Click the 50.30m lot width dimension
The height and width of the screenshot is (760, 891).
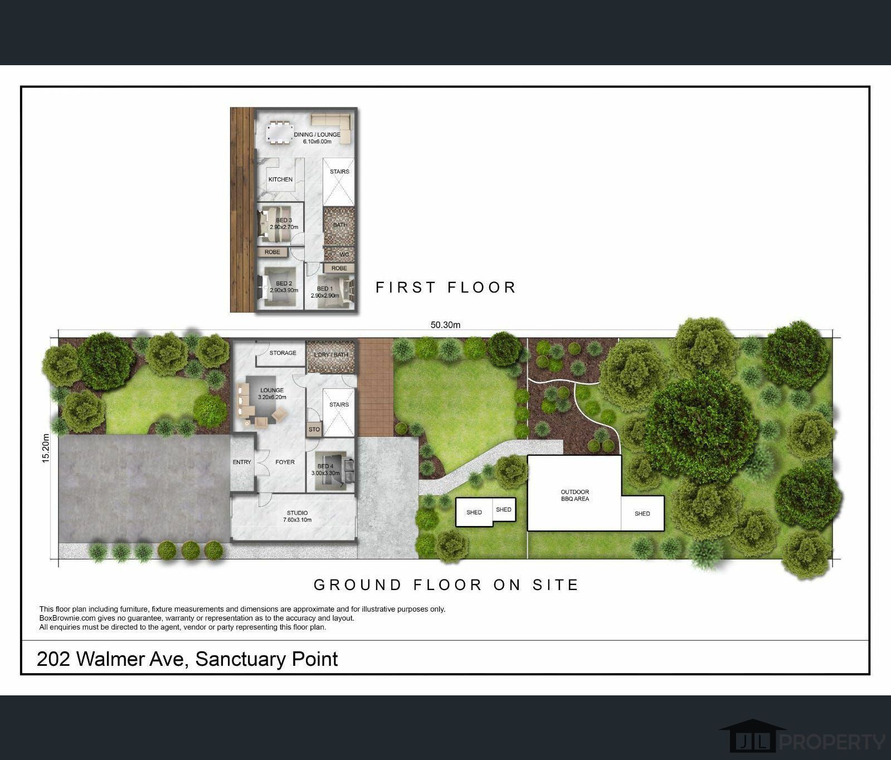click(445, 325)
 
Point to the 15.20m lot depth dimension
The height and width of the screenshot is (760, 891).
click(46, 448)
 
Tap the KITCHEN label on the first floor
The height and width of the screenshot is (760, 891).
click(280, 179)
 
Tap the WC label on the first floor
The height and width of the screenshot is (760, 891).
click(344, 255)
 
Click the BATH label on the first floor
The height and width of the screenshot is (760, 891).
click(340, 225)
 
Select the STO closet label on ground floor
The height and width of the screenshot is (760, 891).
click(314, 430)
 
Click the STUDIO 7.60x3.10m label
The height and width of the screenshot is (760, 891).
click(297, 516)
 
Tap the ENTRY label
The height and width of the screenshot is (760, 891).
click(242, 462)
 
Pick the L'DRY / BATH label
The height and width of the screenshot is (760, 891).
click(331, 355)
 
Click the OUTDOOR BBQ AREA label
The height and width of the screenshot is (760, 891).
click(574, 495)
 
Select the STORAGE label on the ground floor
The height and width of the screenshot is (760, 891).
click(283, 353)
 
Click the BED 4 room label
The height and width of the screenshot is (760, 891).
click(325, 470)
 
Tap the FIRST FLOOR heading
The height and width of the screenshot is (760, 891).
click(446, 288)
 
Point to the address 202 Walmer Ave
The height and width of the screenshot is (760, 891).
click(110, 659)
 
